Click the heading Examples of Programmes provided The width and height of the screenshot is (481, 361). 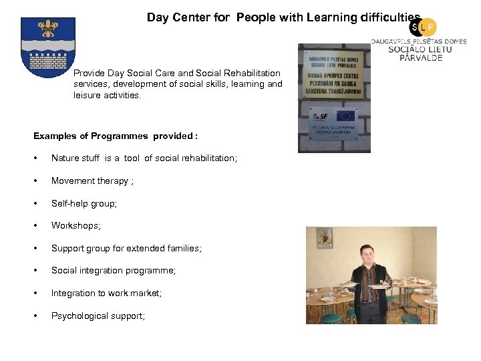pos(116,136)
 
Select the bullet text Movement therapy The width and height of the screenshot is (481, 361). pos(92,181)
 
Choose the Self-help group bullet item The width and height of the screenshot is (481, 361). pos(84,203)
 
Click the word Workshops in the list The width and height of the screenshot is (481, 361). pos(75,226)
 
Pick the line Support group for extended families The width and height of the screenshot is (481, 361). pos(126,248)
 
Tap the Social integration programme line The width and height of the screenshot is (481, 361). pos(114,271)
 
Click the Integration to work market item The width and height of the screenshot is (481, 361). pos(106,293)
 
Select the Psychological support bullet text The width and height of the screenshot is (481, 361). pos(98,316)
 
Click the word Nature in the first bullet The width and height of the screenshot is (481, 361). pos(65,158)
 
